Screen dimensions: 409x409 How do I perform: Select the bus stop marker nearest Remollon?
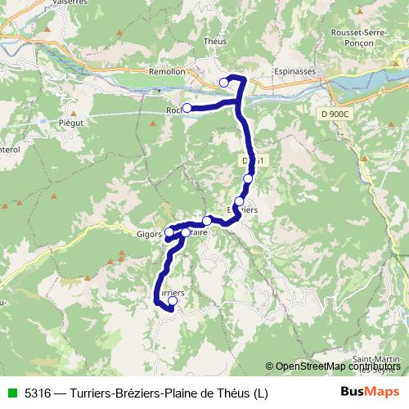click(x=224, y=82)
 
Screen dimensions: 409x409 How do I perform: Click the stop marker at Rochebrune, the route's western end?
click(x=187, y=108)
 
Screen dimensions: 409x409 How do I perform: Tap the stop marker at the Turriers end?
click(x=172, y=301)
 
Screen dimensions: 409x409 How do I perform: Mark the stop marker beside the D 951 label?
click(x=248, y=178)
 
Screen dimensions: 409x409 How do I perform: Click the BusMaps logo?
click(x=369, y=392)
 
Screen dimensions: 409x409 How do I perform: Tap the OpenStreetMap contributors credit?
click(x=336, y=366)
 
